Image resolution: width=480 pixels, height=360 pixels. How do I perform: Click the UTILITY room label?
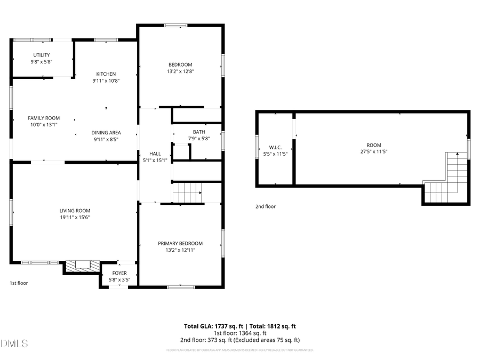pos(41,55)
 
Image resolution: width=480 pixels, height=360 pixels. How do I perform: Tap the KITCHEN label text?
pos(106,74)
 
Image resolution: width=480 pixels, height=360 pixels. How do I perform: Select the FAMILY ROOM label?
pos(44,118)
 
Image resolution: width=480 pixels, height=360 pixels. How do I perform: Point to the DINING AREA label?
pos(106,133)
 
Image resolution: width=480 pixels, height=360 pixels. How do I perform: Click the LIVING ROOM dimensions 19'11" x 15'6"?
pos(75,217)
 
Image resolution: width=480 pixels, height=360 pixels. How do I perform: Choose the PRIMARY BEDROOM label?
pos(180,243)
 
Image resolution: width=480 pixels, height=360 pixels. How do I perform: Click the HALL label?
pos(155,153)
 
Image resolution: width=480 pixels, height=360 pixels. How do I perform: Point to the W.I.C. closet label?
pos(275,147)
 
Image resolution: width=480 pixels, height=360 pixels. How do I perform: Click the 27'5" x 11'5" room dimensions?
pos(374,151)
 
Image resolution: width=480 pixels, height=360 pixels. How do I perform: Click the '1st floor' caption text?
pos(19,283)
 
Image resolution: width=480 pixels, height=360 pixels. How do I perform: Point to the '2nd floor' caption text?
pos(266,206)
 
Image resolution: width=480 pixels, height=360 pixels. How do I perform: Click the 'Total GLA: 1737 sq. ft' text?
pos(213,326)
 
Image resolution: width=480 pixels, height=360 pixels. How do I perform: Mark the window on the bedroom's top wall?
pos(175,25)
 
